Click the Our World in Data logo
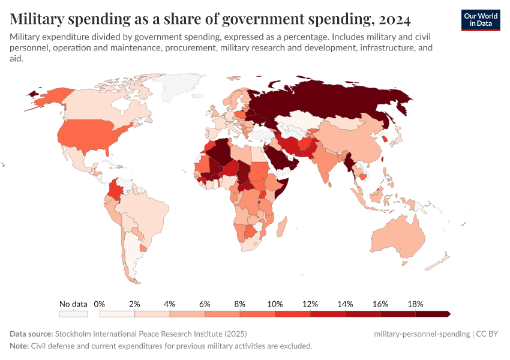click(480, 20)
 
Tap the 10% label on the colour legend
click(274, 304)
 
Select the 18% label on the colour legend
click(415, 304)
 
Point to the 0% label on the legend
click(100, 304)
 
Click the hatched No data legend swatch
click(73, 314)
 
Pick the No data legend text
click(73, 304)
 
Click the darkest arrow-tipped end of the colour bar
click(446, 314)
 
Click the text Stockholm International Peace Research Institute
click(150, 334)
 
